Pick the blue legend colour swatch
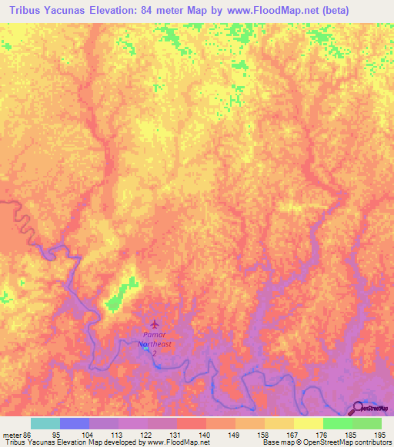[x=75, y=423]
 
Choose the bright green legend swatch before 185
[x=337, y=423]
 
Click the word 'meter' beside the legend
[x=12, y=434]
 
